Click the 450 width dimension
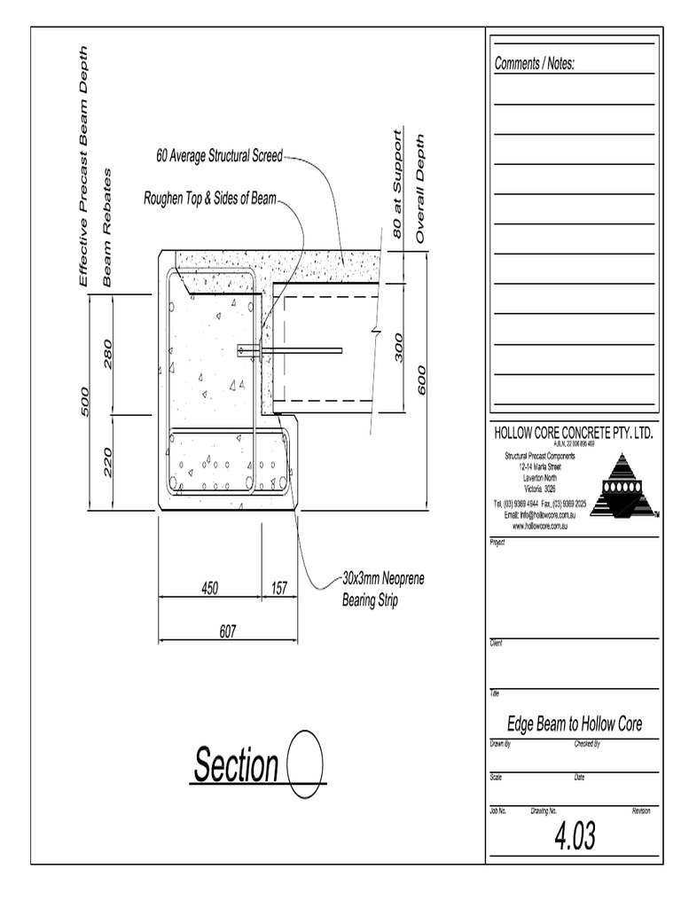point(209,587)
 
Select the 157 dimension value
point(279,587)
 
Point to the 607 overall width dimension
point(228,630)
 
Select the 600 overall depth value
point(422,380)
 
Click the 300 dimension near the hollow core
point(399,348)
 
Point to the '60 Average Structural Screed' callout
point(219,156)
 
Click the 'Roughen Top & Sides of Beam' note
point(210,199)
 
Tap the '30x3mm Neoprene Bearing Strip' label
point(383,590)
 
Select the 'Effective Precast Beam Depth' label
point(84,166)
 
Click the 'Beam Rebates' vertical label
point(108,227)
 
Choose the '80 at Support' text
point(397,184)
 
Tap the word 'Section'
point(236,766)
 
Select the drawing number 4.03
point(575,835)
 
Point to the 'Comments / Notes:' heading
point(535,64)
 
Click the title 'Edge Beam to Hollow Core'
point(574,724)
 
